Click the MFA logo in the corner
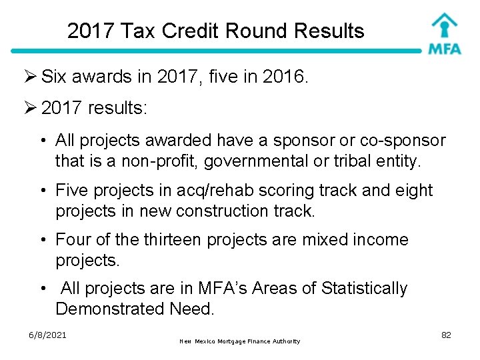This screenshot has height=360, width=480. click(x=444, y=33)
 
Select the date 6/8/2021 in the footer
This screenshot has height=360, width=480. click(x=47, y=334)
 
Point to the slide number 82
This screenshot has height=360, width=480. click(x=446, y=335)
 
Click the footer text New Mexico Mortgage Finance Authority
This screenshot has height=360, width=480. click(x=240, y=341)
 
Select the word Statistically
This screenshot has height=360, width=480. click(x=364, y=289)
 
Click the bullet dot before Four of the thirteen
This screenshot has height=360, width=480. click(x=42, y=240)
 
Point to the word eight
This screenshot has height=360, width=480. click(x=413, y=191)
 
